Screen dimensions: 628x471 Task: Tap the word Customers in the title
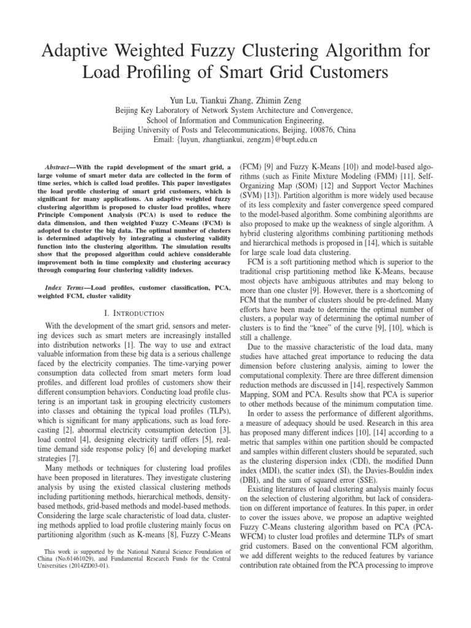345,73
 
